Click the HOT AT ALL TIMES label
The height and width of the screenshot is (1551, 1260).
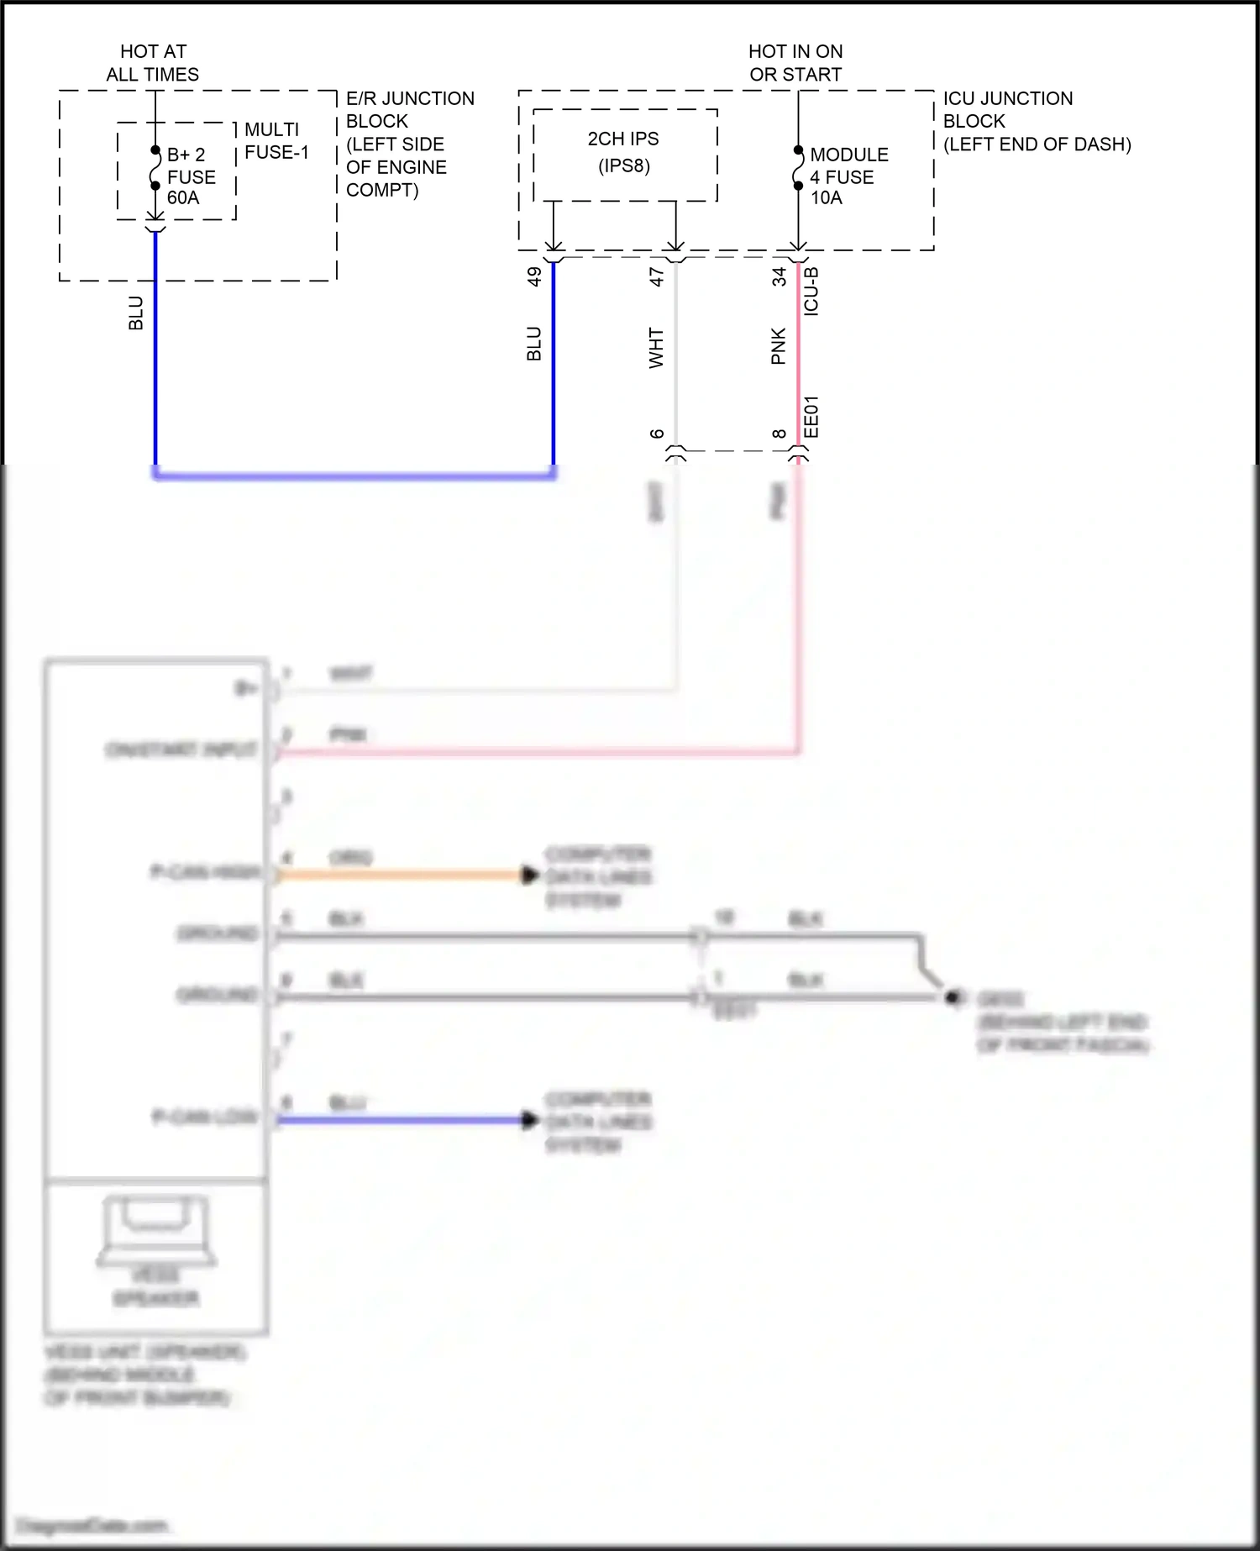tap(153, 63)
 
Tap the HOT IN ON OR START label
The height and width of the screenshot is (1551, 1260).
tap(795, 63)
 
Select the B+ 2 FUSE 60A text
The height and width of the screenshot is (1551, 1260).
tap(191, 176)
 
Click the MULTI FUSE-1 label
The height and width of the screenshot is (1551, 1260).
tap(276, 141)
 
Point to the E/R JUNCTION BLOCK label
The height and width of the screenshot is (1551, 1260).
tap(409, 144)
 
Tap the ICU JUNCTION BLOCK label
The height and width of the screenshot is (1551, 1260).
tap(1036, 121)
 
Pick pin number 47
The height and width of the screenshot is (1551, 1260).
tap(657, 276)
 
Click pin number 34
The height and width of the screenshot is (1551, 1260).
tap(779, 276)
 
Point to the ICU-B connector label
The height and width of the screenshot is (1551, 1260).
tap(811, 292)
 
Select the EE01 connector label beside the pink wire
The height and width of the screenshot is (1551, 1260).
tap(811, 417)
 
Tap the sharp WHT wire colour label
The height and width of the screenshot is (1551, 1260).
tap(656, 348)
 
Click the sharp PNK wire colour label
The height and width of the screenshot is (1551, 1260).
tap(778, 346)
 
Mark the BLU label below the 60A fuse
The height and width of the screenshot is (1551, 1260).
tap(136, 313)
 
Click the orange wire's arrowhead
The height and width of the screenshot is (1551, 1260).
tap(529, 875)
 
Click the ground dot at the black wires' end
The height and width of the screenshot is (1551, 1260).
tap(953, 997)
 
